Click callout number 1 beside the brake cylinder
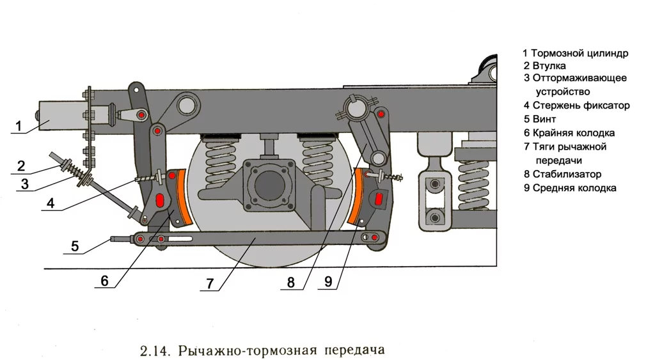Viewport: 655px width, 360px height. coord(19,126)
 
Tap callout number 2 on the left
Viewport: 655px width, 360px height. coord(21,166)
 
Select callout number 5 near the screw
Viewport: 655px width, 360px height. coord(75,246)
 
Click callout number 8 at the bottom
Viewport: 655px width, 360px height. coord(291,282)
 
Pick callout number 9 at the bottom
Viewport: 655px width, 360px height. coord(327,282)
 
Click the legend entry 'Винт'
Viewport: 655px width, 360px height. coord(544,120)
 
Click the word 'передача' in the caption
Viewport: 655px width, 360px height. coord(354,350)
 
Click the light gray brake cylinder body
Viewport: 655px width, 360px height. coord(60,116)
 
